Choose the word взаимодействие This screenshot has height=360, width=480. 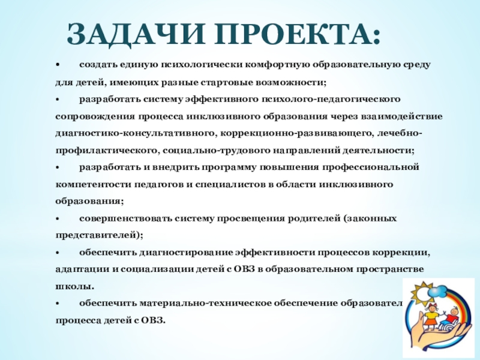point(406,115)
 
